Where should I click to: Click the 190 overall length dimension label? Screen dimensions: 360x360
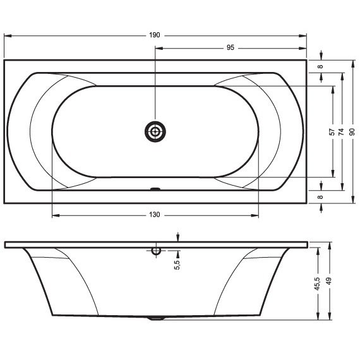pyautogui.click(x=155, y=35)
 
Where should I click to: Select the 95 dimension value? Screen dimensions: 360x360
pyautogui.click(x=231, y=47)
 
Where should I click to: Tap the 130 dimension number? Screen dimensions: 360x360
pyautogui.click(x=155, y=215)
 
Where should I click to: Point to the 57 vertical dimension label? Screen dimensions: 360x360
pyautogui.click(x=332, y=132)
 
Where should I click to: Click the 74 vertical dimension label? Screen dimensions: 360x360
pyautogui.click(x=342, y=132)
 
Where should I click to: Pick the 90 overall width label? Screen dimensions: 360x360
pyautogui.click(x=352, y=132)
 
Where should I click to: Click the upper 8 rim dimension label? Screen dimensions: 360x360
pyautogui.click(x=320, y=66)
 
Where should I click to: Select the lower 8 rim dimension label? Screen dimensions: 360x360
pyautogui.click(x=320, y=197)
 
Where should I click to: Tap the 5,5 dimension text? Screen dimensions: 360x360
pyautogui.click(x=177, y=265)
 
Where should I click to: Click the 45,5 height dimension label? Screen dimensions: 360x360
pyautogui.click(x=317, y=284)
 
